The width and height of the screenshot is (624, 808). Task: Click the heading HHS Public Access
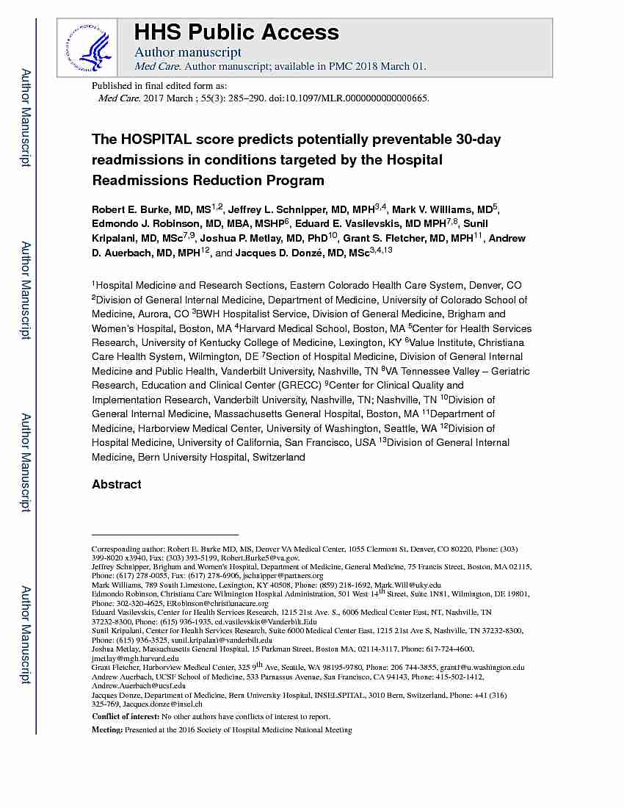click(x=236, y=32)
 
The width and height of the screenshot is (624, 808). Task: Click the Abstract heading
click(x=117, y=485)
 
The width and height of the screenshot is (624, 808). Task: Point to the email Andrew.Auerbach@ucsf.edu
click(x=139, y=685)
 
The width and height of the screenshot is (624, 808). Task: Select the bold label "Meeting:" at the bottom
click(x=107, y=730)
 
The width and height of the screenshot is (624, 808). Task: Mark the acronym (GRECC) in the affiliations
click(x=298, y=386)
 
